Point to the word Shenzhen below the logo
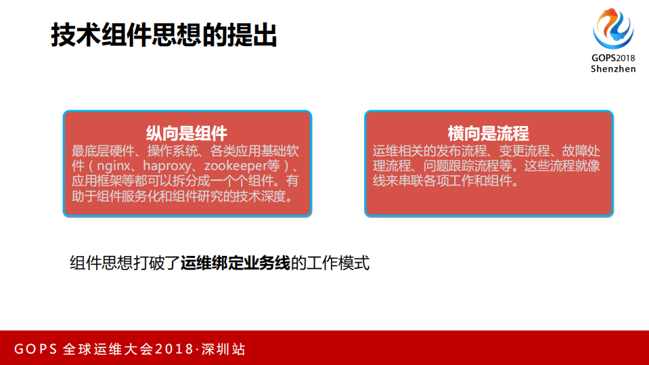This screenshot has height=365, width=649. coord(613,69)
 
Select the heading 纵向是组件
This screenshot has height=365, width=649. coord(187,133)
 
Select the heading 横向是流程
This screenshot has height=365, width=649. coord(488,133)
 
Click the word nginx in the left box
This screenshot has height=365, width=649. coord(114,166)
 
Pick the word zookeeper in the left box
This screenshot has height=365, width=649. coord(235,166)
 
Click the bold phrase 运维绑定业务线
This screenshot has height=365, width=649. coord(235,263)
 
